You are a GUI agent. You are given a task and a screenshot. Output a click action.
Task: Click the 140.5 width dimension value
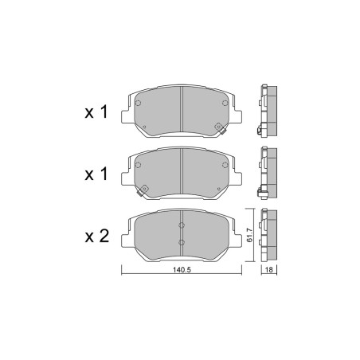coord(182,270)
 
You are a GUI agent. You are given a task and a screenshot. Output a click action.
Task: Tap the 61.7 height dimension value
coord(249,236)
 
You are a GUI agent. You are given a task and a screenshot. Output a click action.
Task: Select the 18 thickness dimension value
coord(269,270)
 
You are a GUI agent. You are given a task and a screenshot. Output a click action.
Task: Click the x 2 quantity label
coord(97,236)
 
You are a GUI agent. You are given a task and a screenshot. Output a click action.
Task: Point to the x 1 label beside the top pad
coord(96,112)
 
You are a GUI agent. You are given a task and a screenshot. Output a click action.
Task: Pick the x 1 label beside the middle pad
coord(96,174)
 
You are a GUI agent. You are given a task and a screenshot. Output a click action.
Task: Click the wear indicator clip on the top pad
coord(220,128)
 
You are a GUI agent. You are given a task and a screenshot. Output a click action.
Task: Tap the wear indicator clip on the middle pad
coord(143,190)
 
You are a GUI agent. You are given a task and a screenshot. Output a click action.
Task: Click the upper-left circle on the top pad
coord(138,103)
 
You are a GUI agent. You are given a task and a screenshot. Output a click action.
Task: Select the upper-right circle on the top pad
coord(225,103)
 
